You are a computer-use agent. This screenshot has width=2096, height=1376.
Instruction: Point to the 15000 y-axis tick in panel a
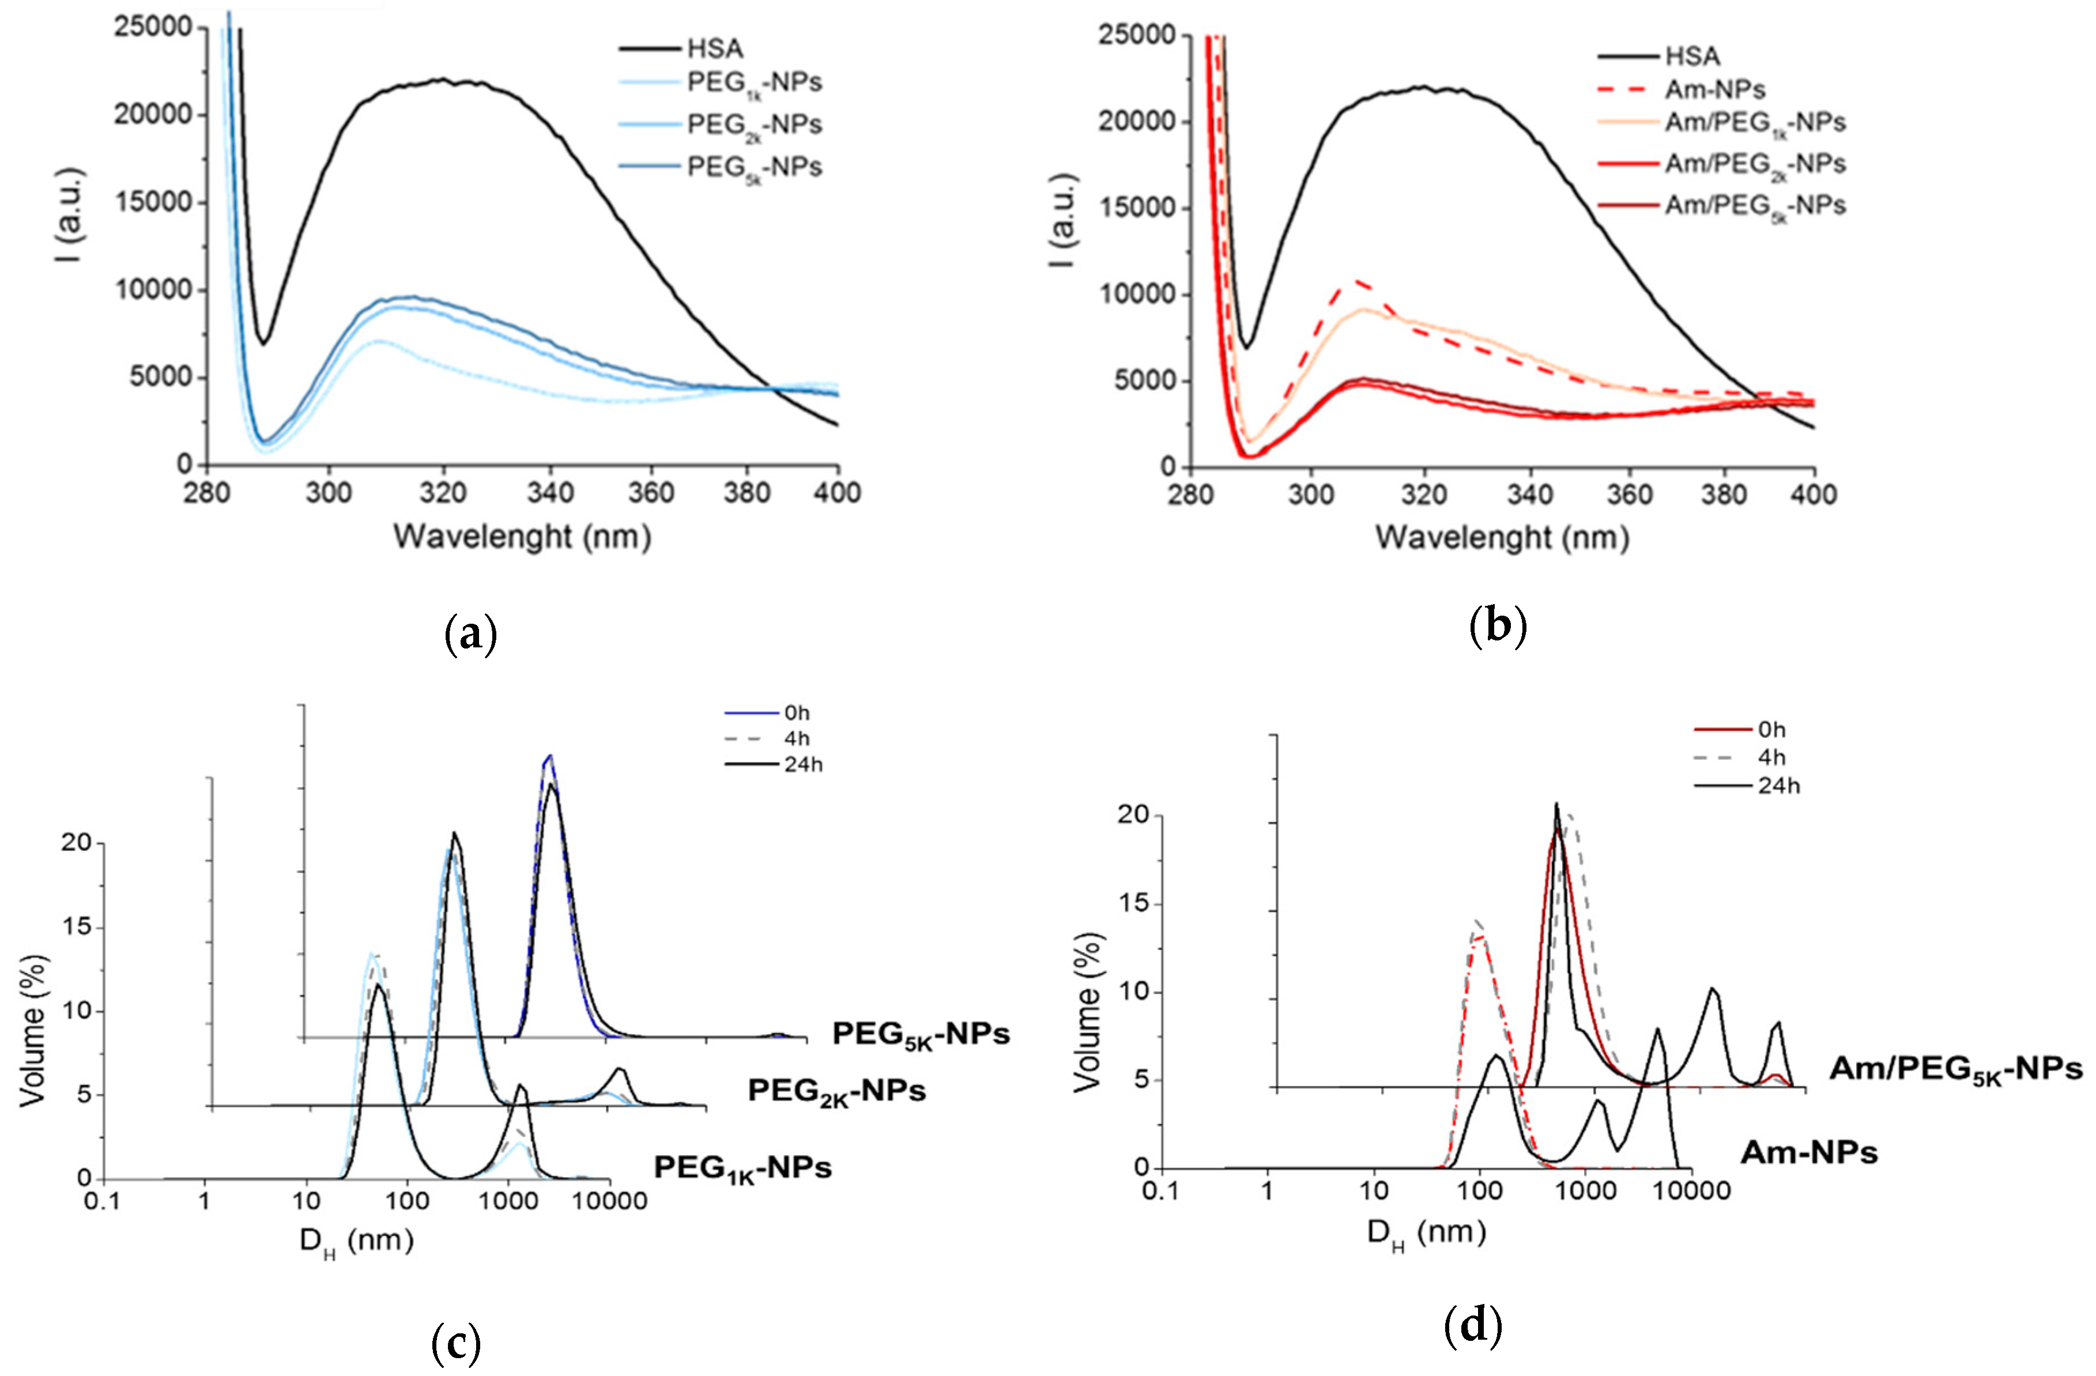153,202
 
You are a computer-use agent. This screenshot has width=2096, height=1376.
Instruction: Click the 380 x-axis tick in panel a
747,492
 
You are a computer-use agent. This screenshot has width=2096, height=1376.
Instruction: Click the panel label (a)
471,634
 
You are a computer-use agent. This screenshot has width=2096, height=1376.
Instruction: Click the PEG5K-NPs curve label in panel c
920,1034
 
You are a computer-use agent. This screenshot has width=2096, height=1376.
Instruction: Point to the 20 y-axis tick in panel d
1133,816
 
